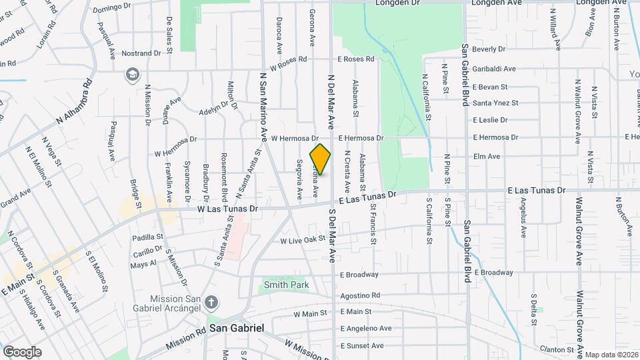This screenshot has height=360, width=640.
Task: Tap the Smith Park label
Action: (286, 285)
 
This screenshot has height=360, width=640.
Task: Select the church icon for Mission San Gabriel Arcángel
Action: (211, 303)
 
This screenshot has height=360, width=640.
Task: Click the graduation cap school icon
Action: (132, 75)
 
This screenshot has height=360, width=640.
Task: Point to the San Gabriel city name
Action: (237, 329)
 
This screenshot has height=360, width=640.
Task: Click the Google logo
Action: (22, 352)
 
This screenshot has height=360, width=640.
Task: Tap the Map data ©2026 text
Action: (612, 355)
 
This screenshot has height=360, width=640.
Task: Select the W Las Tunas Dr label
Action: (227, 209)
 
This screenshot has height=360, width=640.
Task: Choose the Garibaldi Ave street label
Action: (494, 69)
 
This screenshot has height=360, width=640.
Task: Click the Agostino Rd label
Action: (360, 295)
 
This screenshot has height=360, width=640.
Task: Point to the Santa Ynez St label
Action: (495, 103)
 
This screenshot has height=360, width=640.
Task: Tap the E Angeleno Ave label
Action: (366, 329)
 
